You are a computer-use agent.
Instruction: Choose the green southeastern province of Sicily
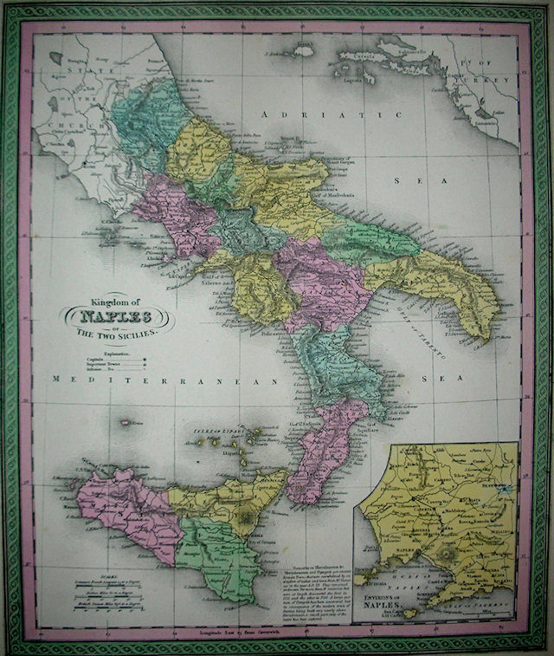coord(212,563)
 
